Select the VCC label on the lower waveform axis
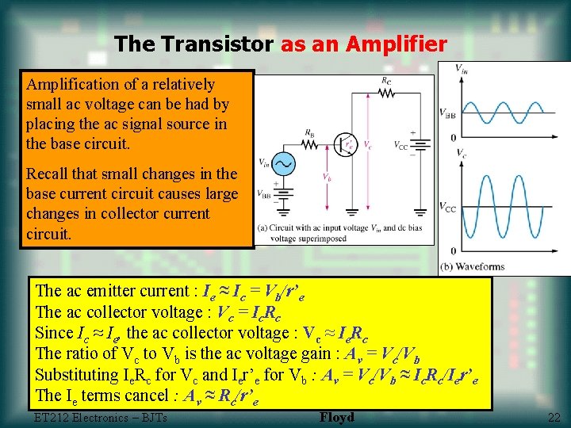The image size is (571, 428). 446,208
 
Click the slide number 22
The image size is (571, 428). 553,418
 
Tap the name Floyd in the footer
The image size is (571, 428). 337,417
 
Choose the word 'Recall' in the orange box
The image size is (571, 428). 48,174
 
